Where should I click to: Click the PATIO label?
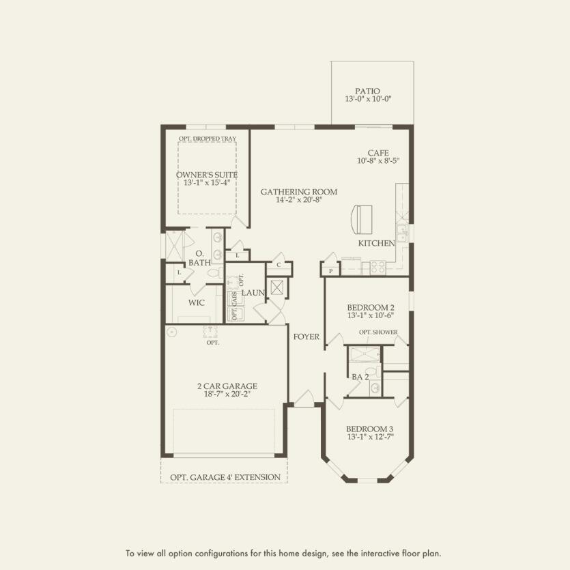(367, 91)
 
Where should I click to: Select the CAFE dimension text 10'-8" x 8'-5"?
(377, 161)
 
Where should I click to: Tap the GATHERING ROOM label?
(298, 192)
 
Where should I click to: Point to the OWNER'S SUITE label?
(206, 174)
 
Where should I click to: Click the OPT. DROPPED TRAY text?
(207, 139)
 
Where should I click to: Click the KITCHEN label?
(377, 243)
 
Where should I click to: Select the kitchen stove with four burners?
(377, 268)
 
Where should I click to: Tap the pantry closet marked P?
(330, 271)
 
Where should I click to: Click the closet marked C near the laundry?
(279, 265)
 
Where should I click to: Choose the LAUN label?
(252, 293)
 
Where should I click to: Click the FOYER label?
(307, 337)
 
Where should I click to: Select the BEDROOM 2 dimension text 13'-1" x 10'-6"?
(369, 315)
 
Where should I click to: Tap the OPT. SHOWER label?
(378, 332)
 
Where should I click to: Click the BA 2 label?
(360, 376)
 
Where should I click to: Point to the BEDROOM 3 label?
(369, 429)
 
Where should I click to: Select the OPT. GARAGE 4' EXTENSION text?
(225, 476)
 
